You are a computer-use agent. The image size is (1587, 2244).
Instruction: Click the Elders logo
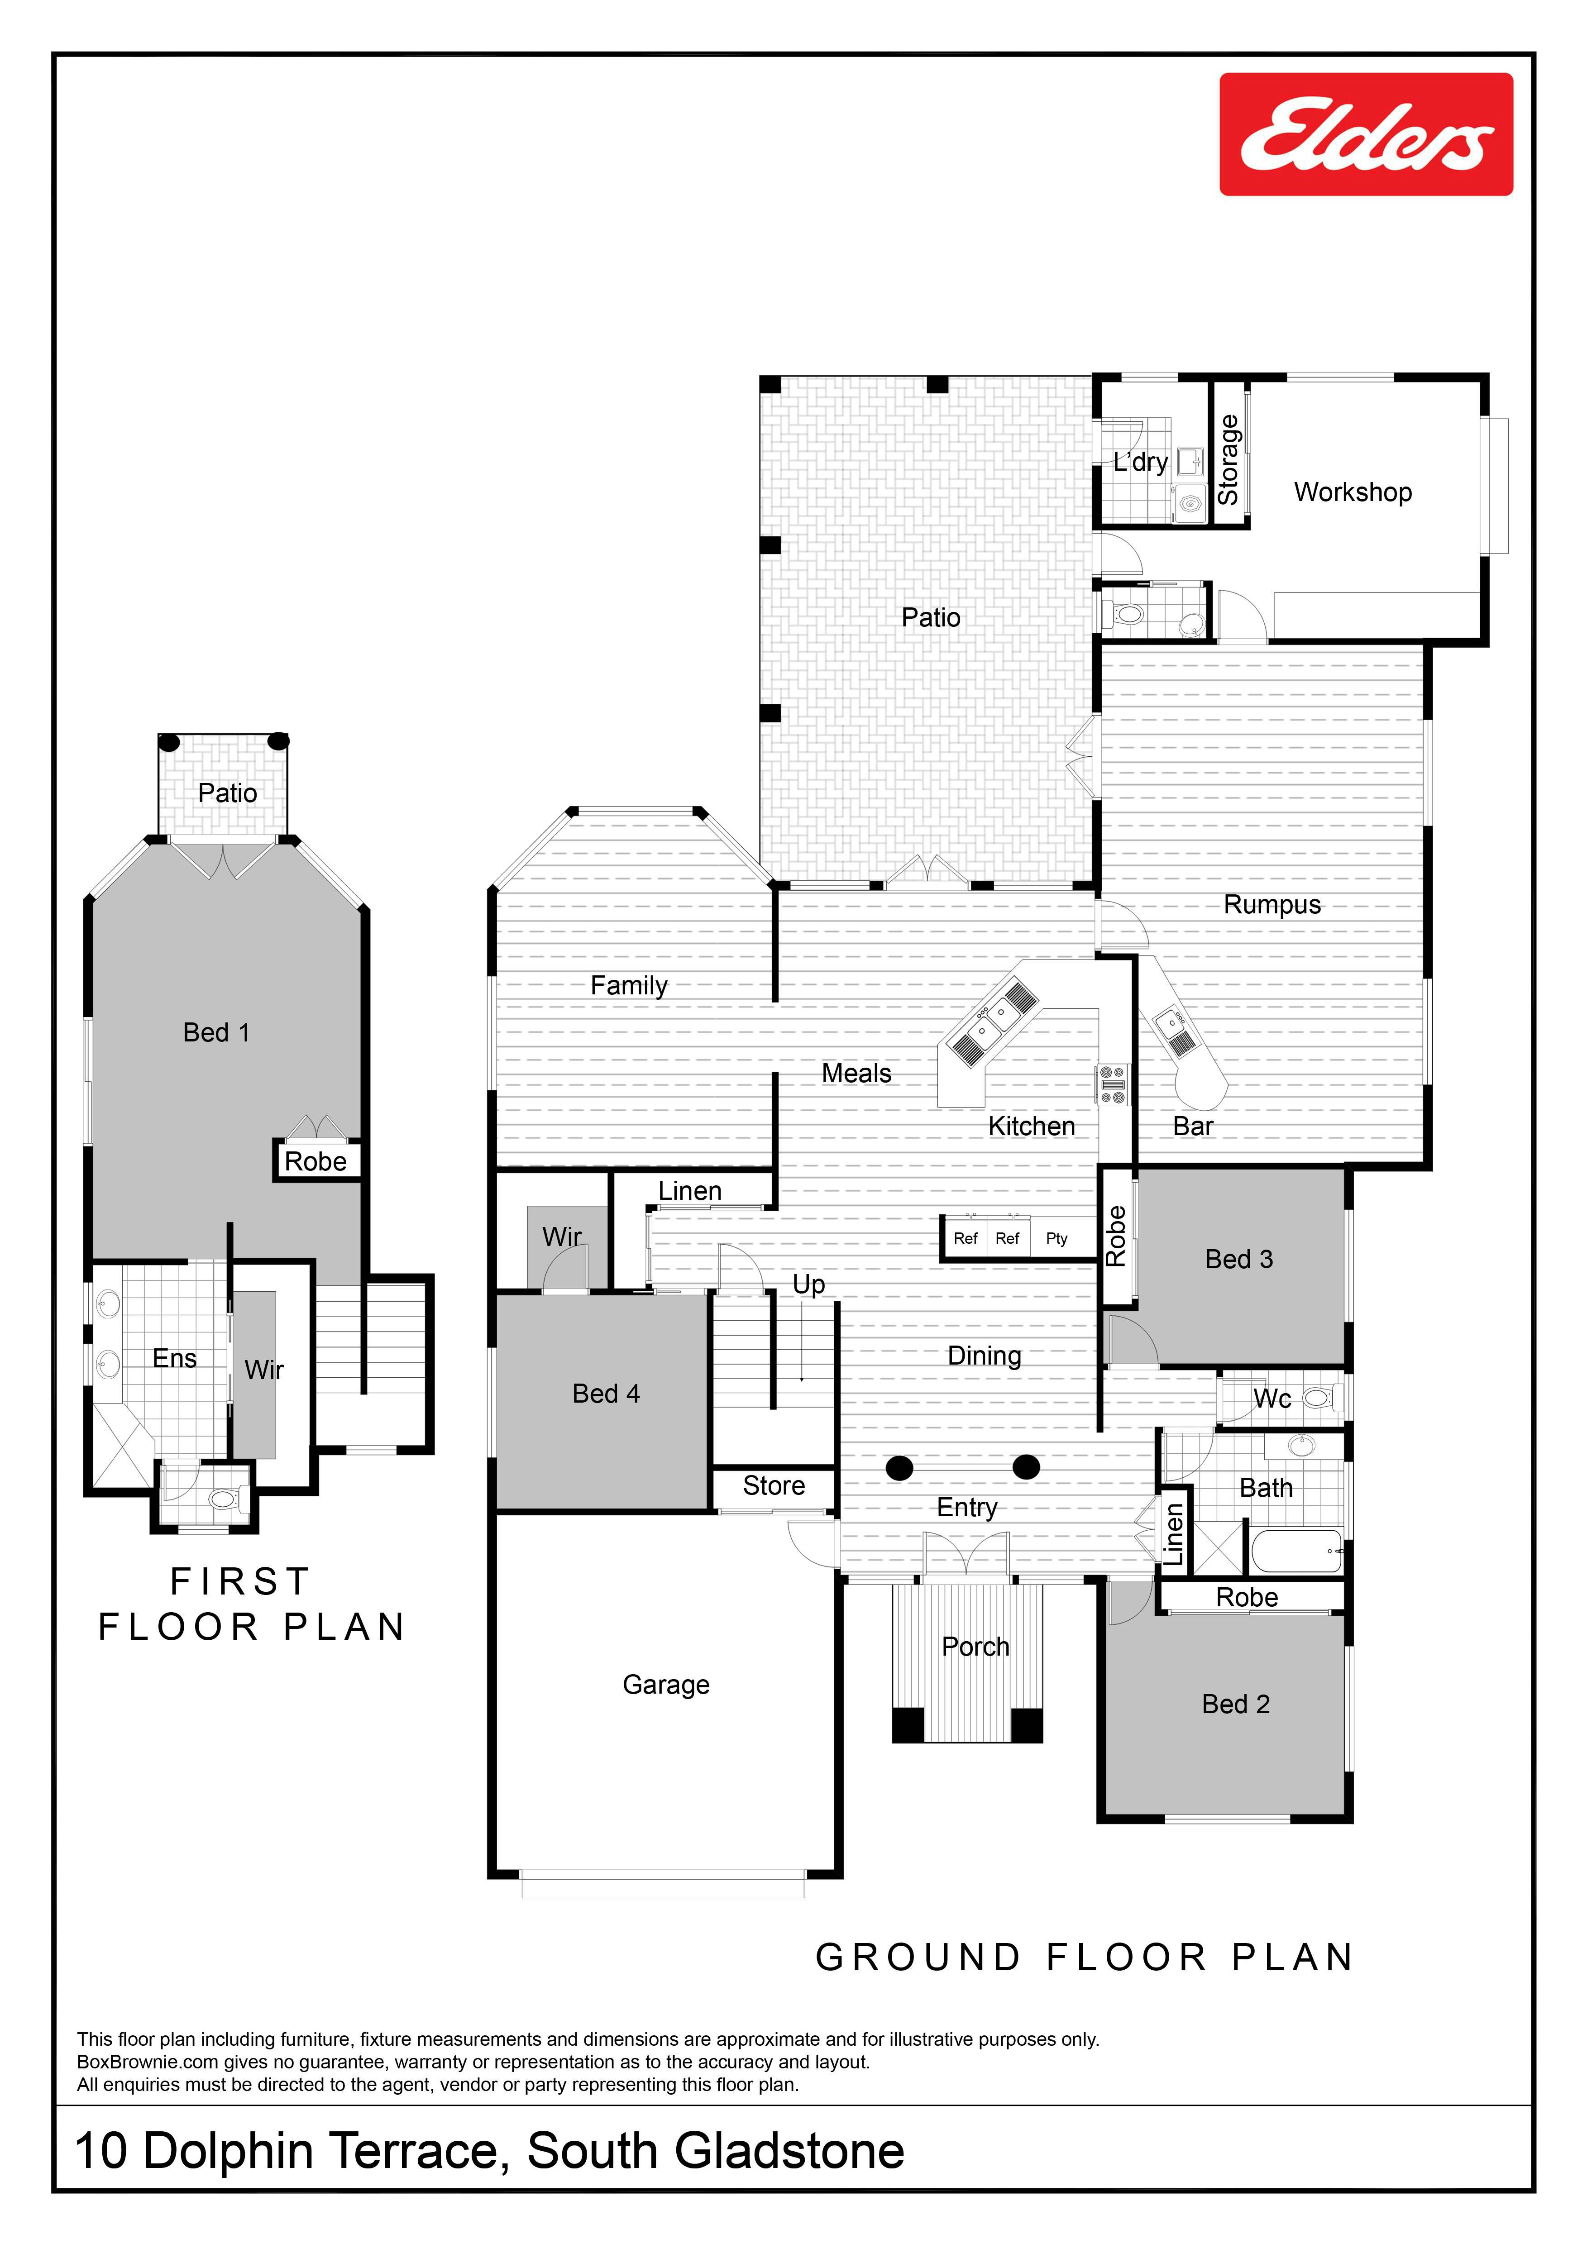[x=1366, y=134]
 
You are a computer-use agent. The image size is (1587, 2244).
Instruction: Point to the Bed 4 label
[x=606, y=1394]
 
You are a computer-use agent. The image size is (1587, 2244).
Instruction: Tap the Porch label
[x=975, y=1647]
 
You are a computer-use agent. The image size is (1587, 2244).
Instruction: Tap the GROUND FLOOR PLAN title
[x=1085, y=1958]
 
